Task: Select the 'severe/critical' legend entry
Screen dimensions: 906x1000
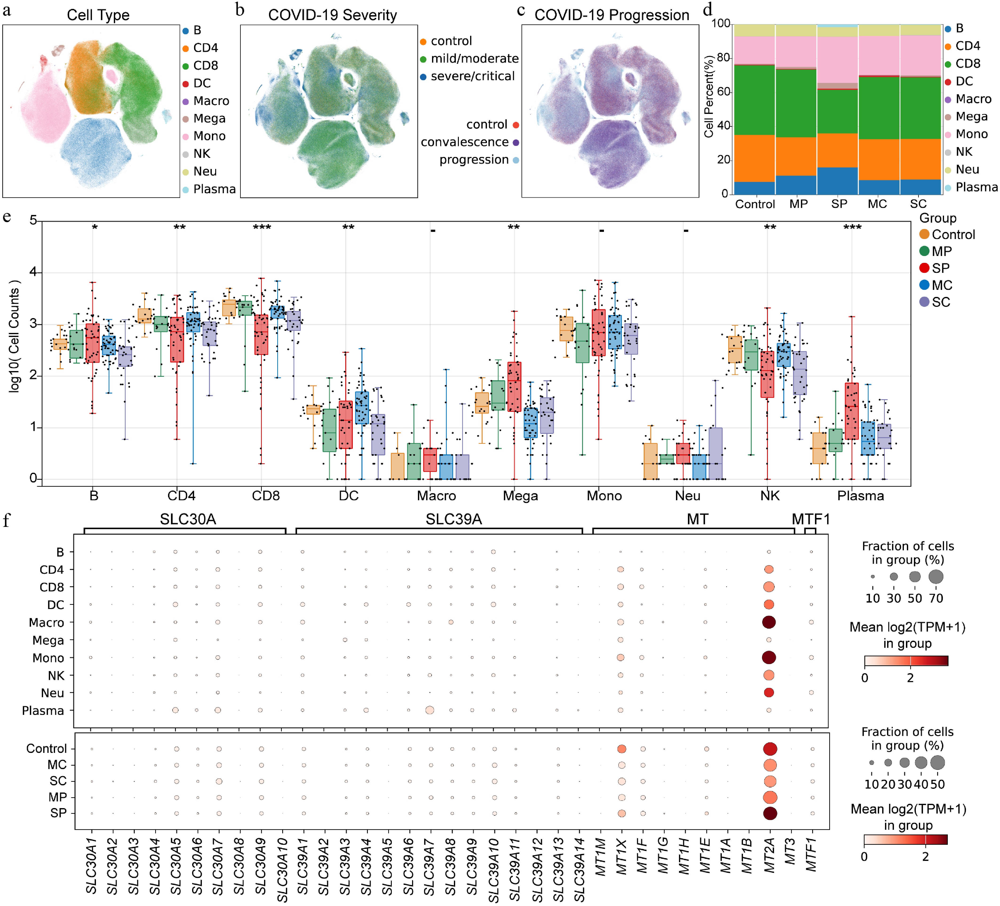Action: pyautogui.click(x=472, y=76)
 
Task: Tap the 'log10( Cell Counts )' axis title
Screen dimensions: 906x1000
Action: pyautogui.click(x=15, y=337)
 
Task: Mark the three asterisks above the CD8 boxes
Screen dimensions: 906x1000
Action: pyautogui.click(x=262, y=227)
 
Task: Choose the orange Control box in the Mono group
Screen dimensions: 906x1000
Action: pyautogui.click(x=566, y=329)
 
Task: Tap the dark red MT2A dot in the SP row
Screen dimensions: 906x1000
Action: pyautogui.click(x=770, y=813)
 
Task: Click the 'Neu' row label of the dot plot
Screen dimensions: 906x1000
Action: pyautogui.click(x=53, y=693)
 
